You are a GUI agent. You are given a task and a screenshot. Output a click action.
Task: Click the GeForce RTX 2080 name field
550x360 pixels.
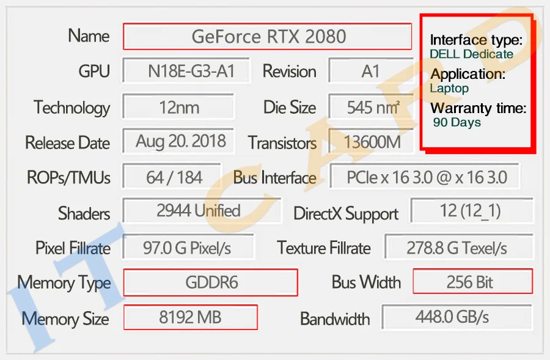(x=268, y=37)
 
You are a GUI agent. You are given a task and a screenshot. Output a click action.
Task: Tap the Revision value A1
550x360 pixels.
(x=371, y=72)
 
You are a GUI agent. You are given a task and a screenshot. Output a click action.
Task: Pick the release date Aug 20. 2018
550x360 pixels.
(x=180, y=142)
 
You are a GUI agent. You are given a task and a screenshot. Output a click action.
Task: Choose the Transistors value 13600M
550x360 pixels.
(x=372, y=143)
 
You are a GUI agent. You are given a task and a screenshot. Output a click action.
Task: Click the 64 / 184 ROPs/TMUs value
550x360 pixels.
(x=174, y=177)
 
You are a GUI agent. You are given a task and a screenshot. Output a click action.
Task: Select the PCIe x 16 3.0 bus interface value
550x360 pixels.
(x=427, y=177)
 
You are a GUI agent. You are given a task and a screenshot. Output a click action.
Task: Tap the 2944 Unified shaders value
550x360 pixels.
(x=199, y=211)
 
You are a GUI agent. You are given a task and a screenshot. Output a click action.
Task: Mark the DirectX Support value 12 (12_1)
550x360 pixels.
(x=470, y=211)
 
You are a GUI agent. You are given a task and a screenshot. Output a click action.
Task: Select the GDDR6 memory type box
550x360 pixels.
(x=211, y=282)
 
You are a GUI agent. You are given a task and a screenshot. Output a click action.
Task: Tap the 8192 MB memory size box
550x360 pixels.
(x=190, y=317)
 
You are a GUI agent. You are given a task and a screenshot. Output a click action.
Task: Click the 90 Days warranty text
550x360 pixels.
(x=457, y=122)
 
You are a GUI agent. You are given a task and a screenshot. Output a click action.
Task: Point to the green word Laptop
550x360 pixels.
(x=449, y=88)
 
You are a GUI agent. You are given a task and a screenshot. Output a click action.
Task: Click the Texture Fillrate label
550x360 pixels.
(x=324, y=248)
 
